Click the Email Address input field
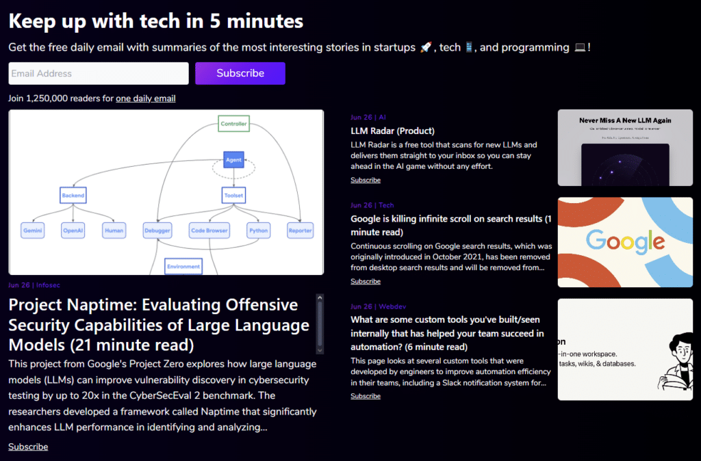(x=98, y=74)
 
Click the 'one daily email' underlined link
(x=145, y=98)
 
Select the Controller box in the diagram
(x=233, y=124)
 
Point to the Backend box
(x=73, y=196)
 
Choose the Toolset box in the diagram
(x=234, y=196)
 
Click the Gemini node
(x=33, y=230)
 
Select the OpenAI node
(x=73, y=230)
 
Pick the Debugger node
(x=157, y=230)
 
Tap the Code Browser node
(x=209, y=230)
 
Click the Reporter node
(x=300, y=230)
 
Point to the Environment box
(x=183, y=266)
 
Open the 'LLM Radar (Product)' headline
(x=392, y=131)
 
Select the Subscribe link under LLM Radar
(x=366, y=181)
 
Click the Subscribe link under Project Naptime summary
(x=28, y=447)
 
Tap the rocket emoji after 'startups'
(x=425, y=48)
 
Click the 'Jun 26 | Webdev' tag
(x=373, y=306)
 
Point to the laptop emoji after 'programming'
(x=580, y=48)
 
